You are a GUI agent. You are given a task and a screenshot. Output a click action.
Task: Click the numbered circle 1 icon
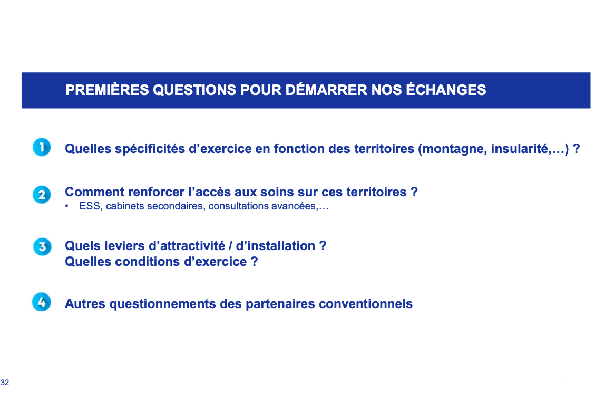(42, 147)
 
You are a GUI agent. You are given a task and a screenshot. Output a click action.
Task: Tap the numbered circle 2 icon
(42, 195)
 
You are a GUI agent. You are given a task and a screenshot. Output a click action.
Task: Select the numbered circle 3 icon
(42, 247)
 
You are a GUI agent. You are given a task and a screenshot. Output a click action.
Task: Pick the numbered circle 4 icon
(42, 302)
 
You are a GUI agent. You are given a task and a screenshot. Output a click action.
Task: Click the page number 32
(5, 383)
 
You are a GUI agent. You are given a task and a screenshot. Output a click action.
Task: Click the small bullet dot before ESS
(67, 206)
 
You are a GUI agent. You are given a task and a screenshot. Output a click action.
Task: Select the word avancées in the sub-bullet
(295, 206)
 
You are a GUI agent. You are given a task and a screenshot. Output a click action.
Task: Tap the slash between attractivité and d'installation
(231, 246)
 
